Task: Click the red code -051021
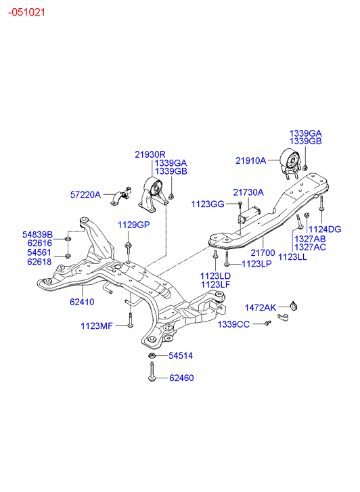click(26, 12)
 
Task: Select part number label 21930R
click(150, 154)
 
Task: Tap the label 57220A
click(85, 195)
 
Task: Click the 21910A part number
click(251, 160)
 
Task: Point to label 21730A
click(248, 192)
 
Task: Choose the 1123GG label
click(208, 204)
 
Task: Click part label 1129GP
click(134, 225)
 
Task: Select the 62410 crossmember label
click(82, 302)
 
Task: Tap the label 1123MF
click(97, 326)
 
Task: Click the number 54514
click(181, 355)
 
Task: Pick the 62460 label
click(181, 378)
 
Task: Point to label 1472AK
click(261, 308)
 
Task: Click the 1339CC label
click(234, 324)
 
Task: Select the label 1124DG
click(325, 229)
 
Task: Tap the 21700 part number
click(263, 252)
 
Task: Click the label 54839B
click(38, 234)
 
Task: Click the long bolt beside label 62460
click(152, 372)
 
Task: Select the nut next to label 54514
click(152, 356)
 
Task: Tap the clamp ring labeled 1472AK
click(294, 305)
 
